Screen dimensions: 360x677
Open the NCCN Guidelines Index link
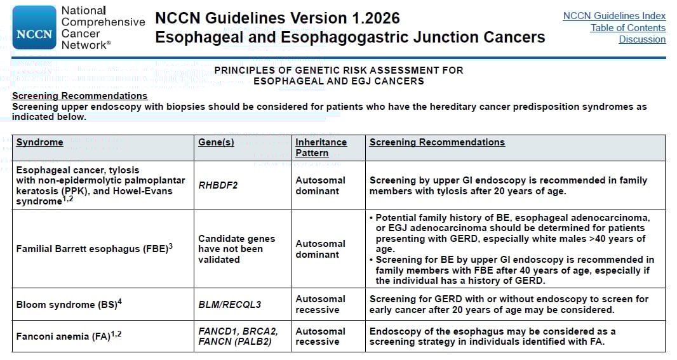pyautogui.click(x=614, y=16)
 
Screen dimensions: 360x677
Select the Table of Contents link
pyautogui.click(x=627, y=27)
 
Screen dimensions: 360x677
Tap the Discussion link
pyautogui.click(x=642, y=39)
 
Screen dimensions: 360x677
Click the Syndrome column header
pyautogui.click(x=39, y=142)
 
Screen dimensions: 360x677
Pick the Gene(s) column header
pyautogui.click(x=216, y=142)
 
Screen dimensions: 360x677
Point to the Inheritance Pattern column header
pyautogui.click(x=321, y=147)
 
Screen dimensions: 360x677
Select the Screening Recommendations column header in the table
pyautogui.click(x=437, y=142)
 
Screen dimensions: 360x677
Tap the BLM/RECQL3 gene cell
pyautogui.click(x=229, y=305)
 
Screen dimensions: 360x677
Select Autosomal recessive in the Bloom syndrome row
pyautogui.click(x=320, y=304)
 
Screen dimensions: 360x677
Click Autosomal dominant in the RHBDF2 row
pyautogui.click(x=320, y=185)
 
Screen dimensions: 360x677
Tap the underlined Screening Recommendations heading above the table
pyautogui.click(x=79, y=96)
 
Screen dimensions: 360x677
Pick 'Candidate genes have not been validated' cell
pyautogui.click(x=236, y=249)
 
